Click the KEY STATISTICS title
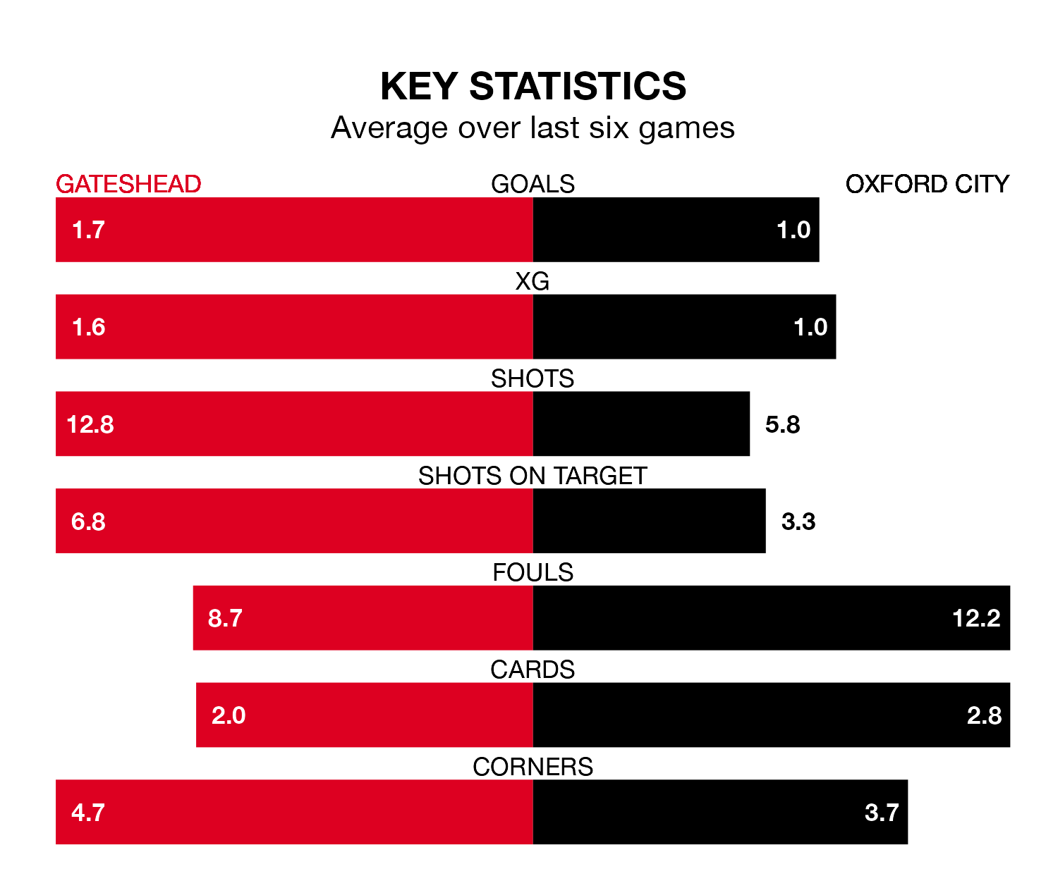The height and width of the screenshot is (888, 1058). (533, 87)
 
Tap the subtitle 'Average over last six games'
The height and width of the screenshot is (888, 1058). (533, 128)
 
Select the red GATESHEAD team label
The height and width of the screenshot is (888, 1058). (128, 184)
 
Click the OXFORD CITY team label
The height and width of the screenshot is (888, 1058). (927, 184)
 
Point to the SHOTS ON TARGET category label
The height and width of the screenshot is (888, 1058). (533, 476)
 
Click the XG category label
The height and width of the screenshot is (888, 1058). (533, 281)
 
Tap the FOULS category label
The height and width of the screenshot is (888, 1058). (533, 572)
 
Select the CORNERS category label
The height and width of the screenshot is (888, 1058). (533, 767)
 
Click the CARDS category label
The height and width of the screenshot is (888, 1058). (533, 670)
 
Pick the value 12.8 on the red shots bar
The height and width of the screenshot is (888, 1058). (90, 424)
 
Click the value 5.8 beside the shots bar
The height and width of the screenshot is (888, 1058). (782, 424)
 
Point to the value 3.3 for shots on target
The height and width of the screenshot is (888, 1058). (798, 522)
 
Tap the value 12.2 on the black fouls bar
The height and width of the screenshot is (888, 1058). (976, 618)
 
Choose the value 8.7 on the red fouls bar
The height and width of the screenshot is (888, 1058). (225, 618)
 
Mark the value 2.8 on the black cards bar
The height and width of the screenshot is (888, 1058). (984, 715)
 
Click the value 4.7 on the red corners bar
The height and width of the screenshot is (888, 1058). (88, 813)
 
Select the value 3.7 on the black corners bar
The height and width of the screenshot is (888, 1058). (882, 813)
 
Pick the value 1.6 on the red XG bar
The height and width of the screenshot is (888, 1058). (89, 327)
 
